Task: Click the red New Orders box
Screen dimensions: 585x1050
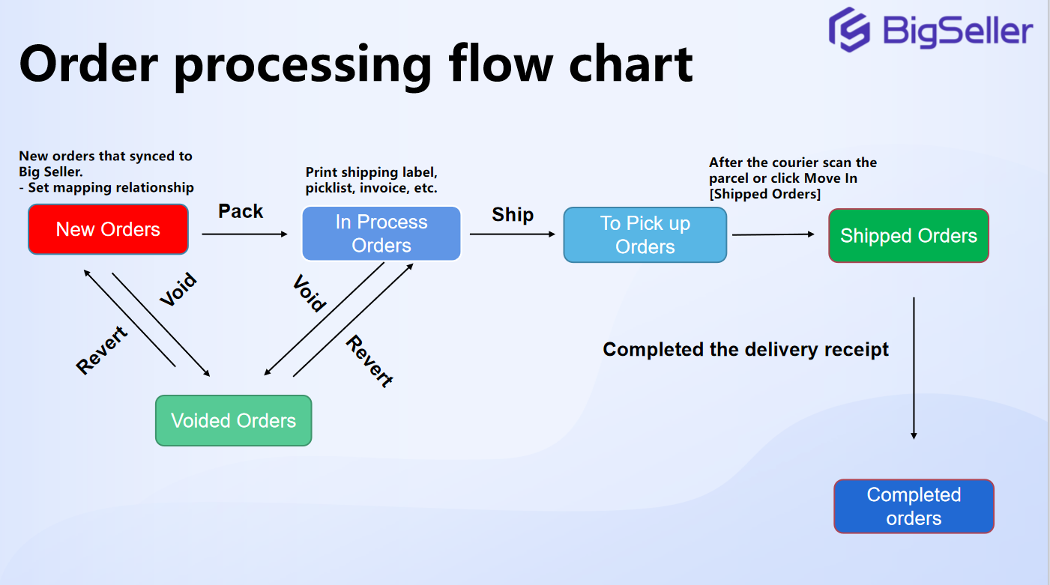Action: (108, 229)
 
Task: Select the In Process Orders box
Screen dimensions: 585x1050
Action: (381, 234)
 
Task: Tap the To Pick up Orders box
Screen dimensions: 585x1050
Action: (645, 235)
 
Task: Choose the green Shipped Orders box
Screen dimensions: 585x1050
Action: (908, 236)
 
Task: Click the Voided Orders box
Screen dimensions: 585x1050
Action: (233, 421)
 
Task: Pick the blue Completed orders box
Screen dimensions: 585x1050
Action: (914, 506)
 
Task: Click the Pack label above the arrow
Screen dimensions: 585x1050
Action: (241, 211)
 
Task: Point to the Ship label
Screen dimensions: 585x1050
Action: (513, 215)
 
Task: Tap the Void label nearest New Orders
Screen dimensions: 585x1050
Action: (178, 290)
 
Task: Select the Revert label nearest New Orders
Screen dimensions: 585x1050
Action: (103, 350)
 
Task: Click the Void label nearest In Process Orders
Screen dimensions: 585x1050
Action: (309, 293)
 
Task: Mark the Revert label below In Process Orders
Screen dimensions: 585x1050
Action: (369, 360)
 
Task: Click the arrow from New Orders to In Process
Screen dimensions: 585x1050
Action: (244, 234)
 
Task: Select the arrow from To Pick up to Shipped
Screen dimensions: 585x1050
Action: (773, 234)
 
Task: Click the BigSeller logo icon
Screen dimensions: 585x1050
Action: (849, 29)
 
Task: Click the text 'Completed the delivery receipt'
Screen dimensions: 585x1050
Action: (746, 350)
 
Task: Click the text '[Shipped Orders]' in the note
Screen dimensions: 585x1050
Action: (764, 194)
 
